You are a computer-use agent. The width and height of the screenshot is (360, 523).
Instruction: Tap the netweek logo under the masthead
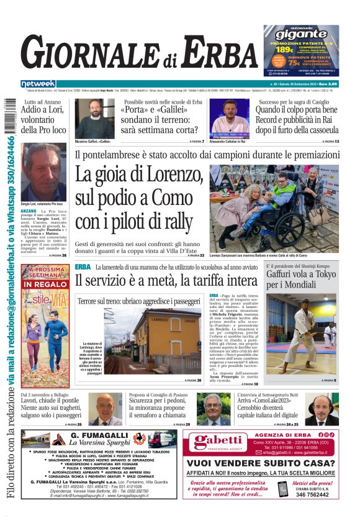point(38,83)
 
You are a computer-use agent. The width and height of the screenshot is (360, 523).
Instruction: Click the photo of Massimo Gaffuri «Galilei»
point(95,119)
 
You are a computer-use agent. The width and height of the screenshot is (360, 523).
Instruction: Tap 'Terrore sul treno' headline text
point(106,302)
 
